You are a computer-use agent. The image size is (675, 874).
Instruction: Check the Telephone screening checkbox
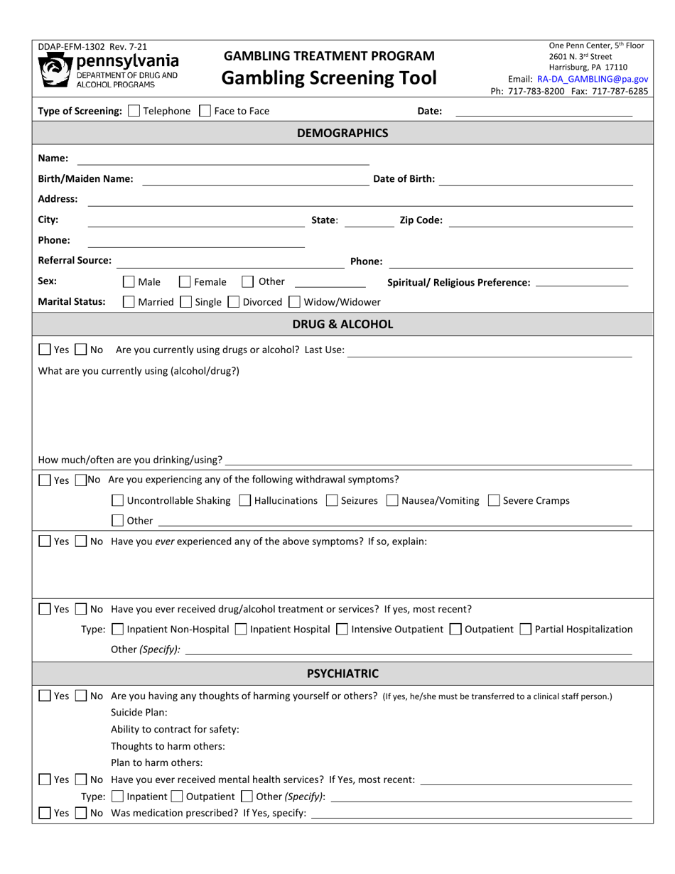pyautogui.click(x=134, y=111)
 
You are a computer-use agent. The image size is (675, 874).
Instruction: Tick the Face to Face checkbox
pyautogui.click(x=205, y=111)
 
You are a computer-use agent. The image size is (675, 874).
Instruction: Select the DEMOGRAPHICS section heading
pyautogui.click(x=342, y=133)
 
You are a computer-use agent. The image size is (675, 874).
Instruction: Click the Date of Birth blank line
pyautogui.click(x=536, y=180)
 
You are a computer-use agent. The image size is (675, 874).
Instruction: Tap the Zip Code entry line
pyautogui.click(x=541, y=220)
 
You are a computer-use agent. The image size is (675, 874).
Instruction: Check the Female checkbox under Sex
pyautogui.click(x=185, y=282)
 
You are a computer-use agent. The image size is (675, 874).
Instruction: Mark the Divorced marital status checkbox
pyautogui.click(x=234, y=302)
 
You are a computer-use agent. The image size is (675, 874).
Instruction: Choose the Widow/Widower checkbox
pyautogui.click(x=295, y=302)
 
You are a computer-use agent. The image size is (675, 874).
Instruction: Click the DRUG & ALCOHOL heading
pyautogui.click(x=342, y=324)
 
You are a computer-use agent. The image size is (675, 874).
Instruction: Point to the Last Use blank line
pyautogui.click(x=490, y=350)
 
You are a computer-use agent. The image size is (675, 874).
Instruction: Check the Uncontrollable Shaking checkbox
pyautogui.click(x=119, y=501)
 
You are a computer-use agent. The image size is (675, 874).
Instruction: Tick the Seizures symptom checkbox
pyautogui.click(x=332, y=501)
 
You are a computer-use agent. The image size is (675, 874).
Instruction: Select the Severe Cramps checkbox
pyautogui.click(x=495, y=501)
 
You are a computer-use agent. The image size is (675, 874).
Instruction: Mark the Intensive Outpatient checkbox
pyautogui.click(x=342, y=629)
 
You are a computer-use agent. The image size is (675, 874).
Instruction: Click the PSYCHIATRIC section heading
pyautogui.click(x=342, y=674)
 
